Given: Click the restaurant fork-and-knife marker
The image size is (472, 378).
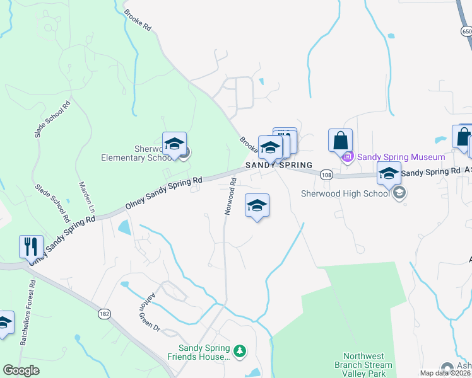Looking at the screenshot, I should [31, 246].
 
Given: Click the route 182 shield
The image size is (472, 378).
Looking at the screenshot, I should [105, 312].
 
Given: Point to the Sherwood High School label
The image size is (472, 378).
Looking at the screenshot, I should [345, 193].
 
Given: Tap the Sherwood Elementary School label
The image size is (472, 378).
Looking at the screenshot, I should [133, 153].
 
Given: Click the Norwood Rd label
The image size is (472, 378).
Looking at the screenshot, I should [230, 196].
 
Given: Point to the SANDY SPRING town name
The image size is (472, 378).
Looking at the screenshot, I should [278, 164].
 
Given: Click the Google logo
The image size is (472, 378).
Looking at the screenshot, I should [21, 370].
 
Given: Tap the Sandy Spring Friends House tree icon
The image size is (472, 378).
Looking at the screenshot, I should [239, 350].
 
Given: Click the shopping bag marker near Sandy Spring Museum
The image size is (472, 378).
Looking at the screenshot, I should [340, 140].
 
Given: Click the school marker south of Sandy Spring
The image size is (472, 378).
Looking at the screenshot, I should [257, 205].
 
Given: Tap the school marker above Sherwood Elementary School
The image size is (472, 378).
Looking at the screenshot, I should [174, 144].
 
